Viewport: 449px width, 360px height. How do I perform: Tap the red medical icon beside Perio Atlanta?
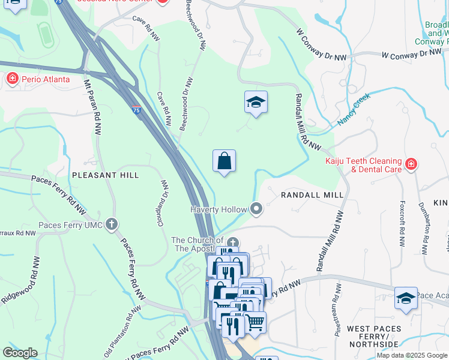tap(12, 79)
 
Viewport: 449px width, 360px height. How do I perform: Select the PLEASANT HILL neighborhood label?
tap(106, 175)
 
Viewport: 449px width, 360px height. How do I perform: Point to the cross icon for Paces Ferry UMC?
tap(111, 225)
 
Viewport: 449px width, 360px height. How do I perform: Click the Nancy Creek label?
tap(354, 109)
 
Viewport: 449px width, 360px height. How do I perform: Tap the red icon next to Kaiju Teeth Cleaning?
tap(411, 164)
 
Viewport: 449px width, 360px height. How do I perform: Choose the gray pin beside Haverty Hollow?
tap(257, 209)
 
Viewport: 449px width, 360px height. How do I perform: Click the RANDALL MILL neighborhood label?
tap(313, 195)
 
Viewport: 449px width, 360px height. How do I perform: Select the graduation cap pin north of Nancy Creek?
tap(256, 103)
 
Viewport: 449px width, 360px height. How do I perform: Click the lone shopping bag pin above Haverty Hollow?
tap(224, 161)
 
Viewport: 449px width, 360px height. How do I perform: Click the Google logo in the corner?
tap(20, 353)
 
